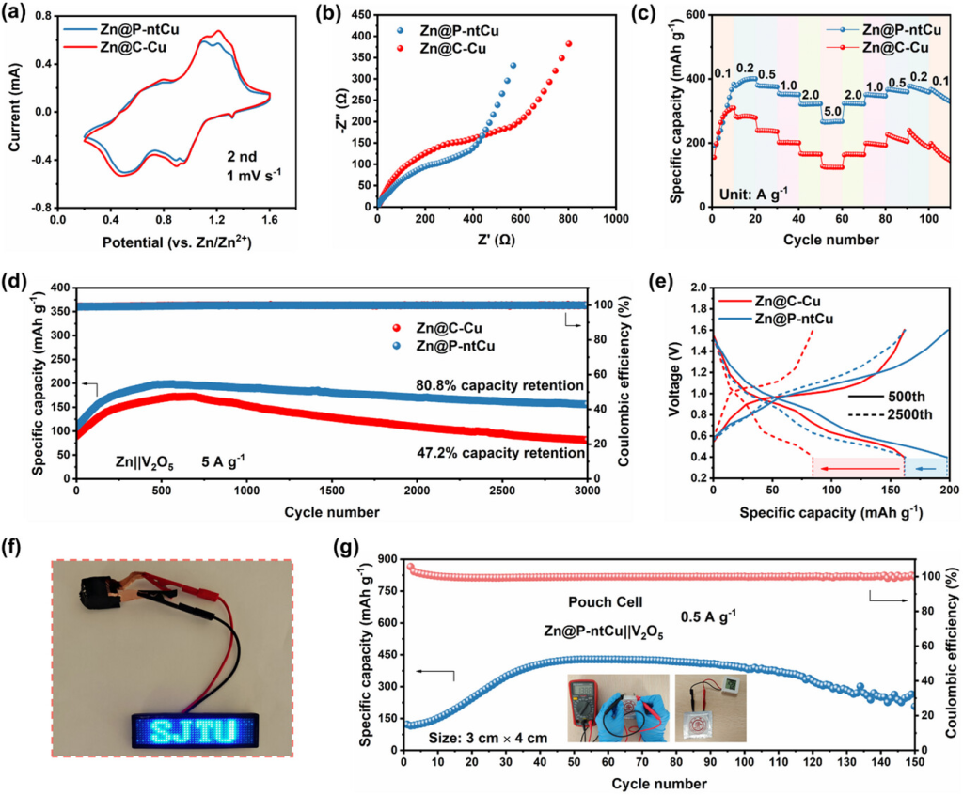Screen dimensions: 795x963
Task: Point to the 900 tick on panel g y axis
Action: pyautogui.click(x=387, y=558)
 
